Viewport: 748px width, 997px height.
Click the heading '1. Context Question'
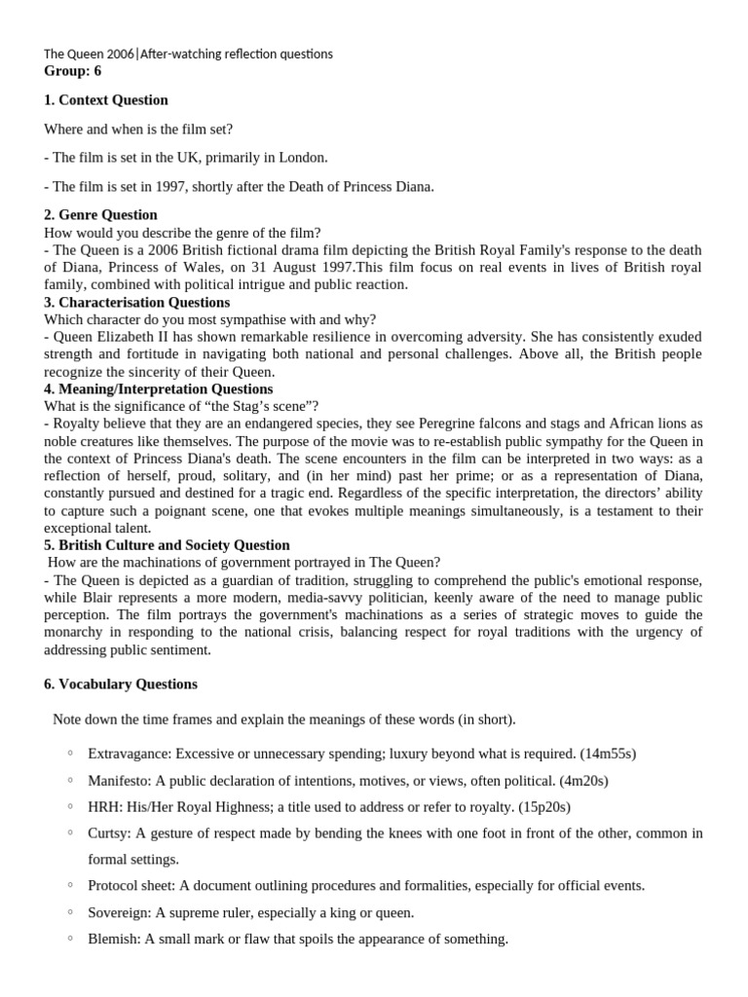(x=106, y=100)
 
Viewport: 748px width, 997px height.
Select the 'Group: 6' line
(x=72, y=71)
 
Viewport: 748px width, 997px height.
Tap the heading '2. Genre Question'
(x=100, y=214)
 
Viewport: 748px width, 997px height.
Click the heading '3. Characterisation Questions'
(x=136, y=302)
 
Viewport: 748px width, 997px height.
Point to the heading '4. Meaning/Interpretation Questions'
(x=159, y=388)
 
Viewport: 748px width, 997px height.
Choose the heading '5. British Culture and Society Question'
(x=167, y=545)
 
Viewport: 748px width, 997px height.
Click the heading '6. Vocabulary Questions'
(x=121, y=684)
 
